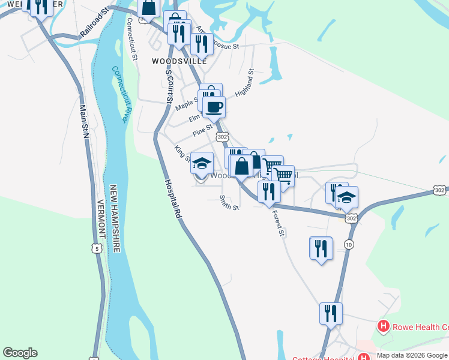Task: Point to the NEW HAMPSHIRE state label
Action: tap(115, 219)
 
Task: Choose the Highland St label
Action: tap(245, 83)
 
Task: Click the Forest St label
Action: tap(277, 221)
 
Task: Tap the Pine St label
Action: tap(202, 130)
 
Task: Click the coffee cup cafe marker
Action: tap(214, 107)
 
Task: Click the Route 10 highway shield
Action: tap(349, 243)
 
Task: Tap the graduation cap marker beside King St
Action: tap(202, 163)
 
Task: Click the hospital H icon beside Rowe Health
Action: tap(382, 327)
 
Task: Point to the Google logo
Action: tap(20, 353)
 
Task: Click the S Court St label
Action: tap(169, 88)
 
